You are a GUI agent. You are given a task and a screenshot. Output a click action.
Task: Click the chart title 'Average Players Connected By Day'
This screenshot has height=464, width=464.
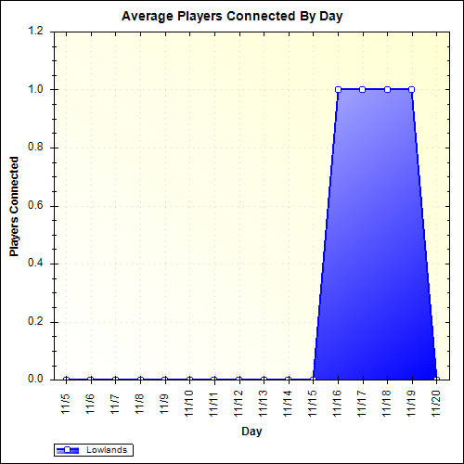pos(232,17)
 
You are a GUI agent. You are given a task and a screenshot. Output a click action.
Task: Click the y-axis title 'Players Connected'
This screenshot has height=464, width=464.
pos(14,205)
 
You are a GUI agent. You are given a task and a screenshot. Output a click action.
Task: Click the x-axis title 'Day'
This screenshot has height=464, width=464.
pos(251,432)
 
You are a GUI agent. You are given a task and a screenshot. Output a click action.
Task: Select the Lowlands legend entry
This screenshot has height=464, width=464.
pos(94,450)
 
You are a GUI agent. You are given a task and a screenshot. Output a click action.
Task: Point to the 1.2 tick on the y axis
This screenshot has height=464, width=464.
pos(36,32)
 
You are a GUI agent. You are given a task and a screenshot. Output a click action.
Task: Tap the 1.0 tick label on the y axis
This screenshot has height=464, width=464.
pos(36,90)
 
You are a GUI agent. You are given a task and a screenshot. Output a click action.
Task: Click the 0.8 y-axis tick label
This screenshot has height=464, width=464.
pos(36,148)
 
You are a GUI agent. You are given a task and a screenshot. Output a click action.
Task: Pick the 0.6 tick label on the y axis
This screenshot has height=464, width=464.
pos(36,206)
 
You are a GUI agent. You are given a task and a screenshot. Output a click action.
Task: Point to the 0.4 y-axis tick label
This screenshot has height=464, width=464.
pos(36,264)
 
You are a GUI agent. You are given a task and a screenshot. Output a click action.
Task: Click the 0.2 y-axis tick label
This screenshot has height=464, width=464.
pos(36,322)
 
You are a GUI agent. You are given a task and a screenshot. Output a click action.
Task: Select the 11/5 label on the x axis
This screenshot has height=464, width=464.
pos(66,403)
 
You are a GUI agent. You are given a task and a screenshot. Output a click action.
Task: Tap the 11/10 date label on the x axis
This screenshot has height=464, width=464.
pos(189,406)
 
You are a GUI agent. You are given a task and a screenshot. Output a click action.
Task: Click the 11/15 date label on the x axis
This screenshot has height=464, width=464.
pos(313,406)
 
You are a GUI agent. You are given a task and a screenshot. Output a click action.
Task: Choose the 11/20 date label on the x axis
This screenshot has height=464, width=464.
pos(436,406)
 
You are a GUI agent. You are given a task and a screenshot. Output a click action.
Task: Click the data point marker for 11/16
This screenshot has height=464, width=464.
pos(338,89)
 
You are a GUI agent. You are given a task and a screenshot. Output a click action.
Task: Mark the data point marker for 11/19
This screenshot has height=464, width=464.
pos(412,89)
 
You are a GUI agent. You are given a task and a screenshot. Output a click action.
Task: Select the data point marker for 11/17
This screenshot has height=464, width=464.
pos(362,89)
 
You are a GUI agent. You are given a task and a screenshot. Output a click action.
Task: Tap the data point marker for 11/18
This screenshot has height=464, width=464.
pos(387,89)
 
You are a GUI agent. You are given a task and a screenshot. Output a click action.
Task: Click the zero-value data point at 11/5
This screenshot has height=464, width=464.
pos(66,380)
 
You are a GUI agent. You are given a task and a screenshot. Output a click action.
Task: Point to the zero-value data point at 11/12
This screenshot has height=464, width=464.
pos(238,380)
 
